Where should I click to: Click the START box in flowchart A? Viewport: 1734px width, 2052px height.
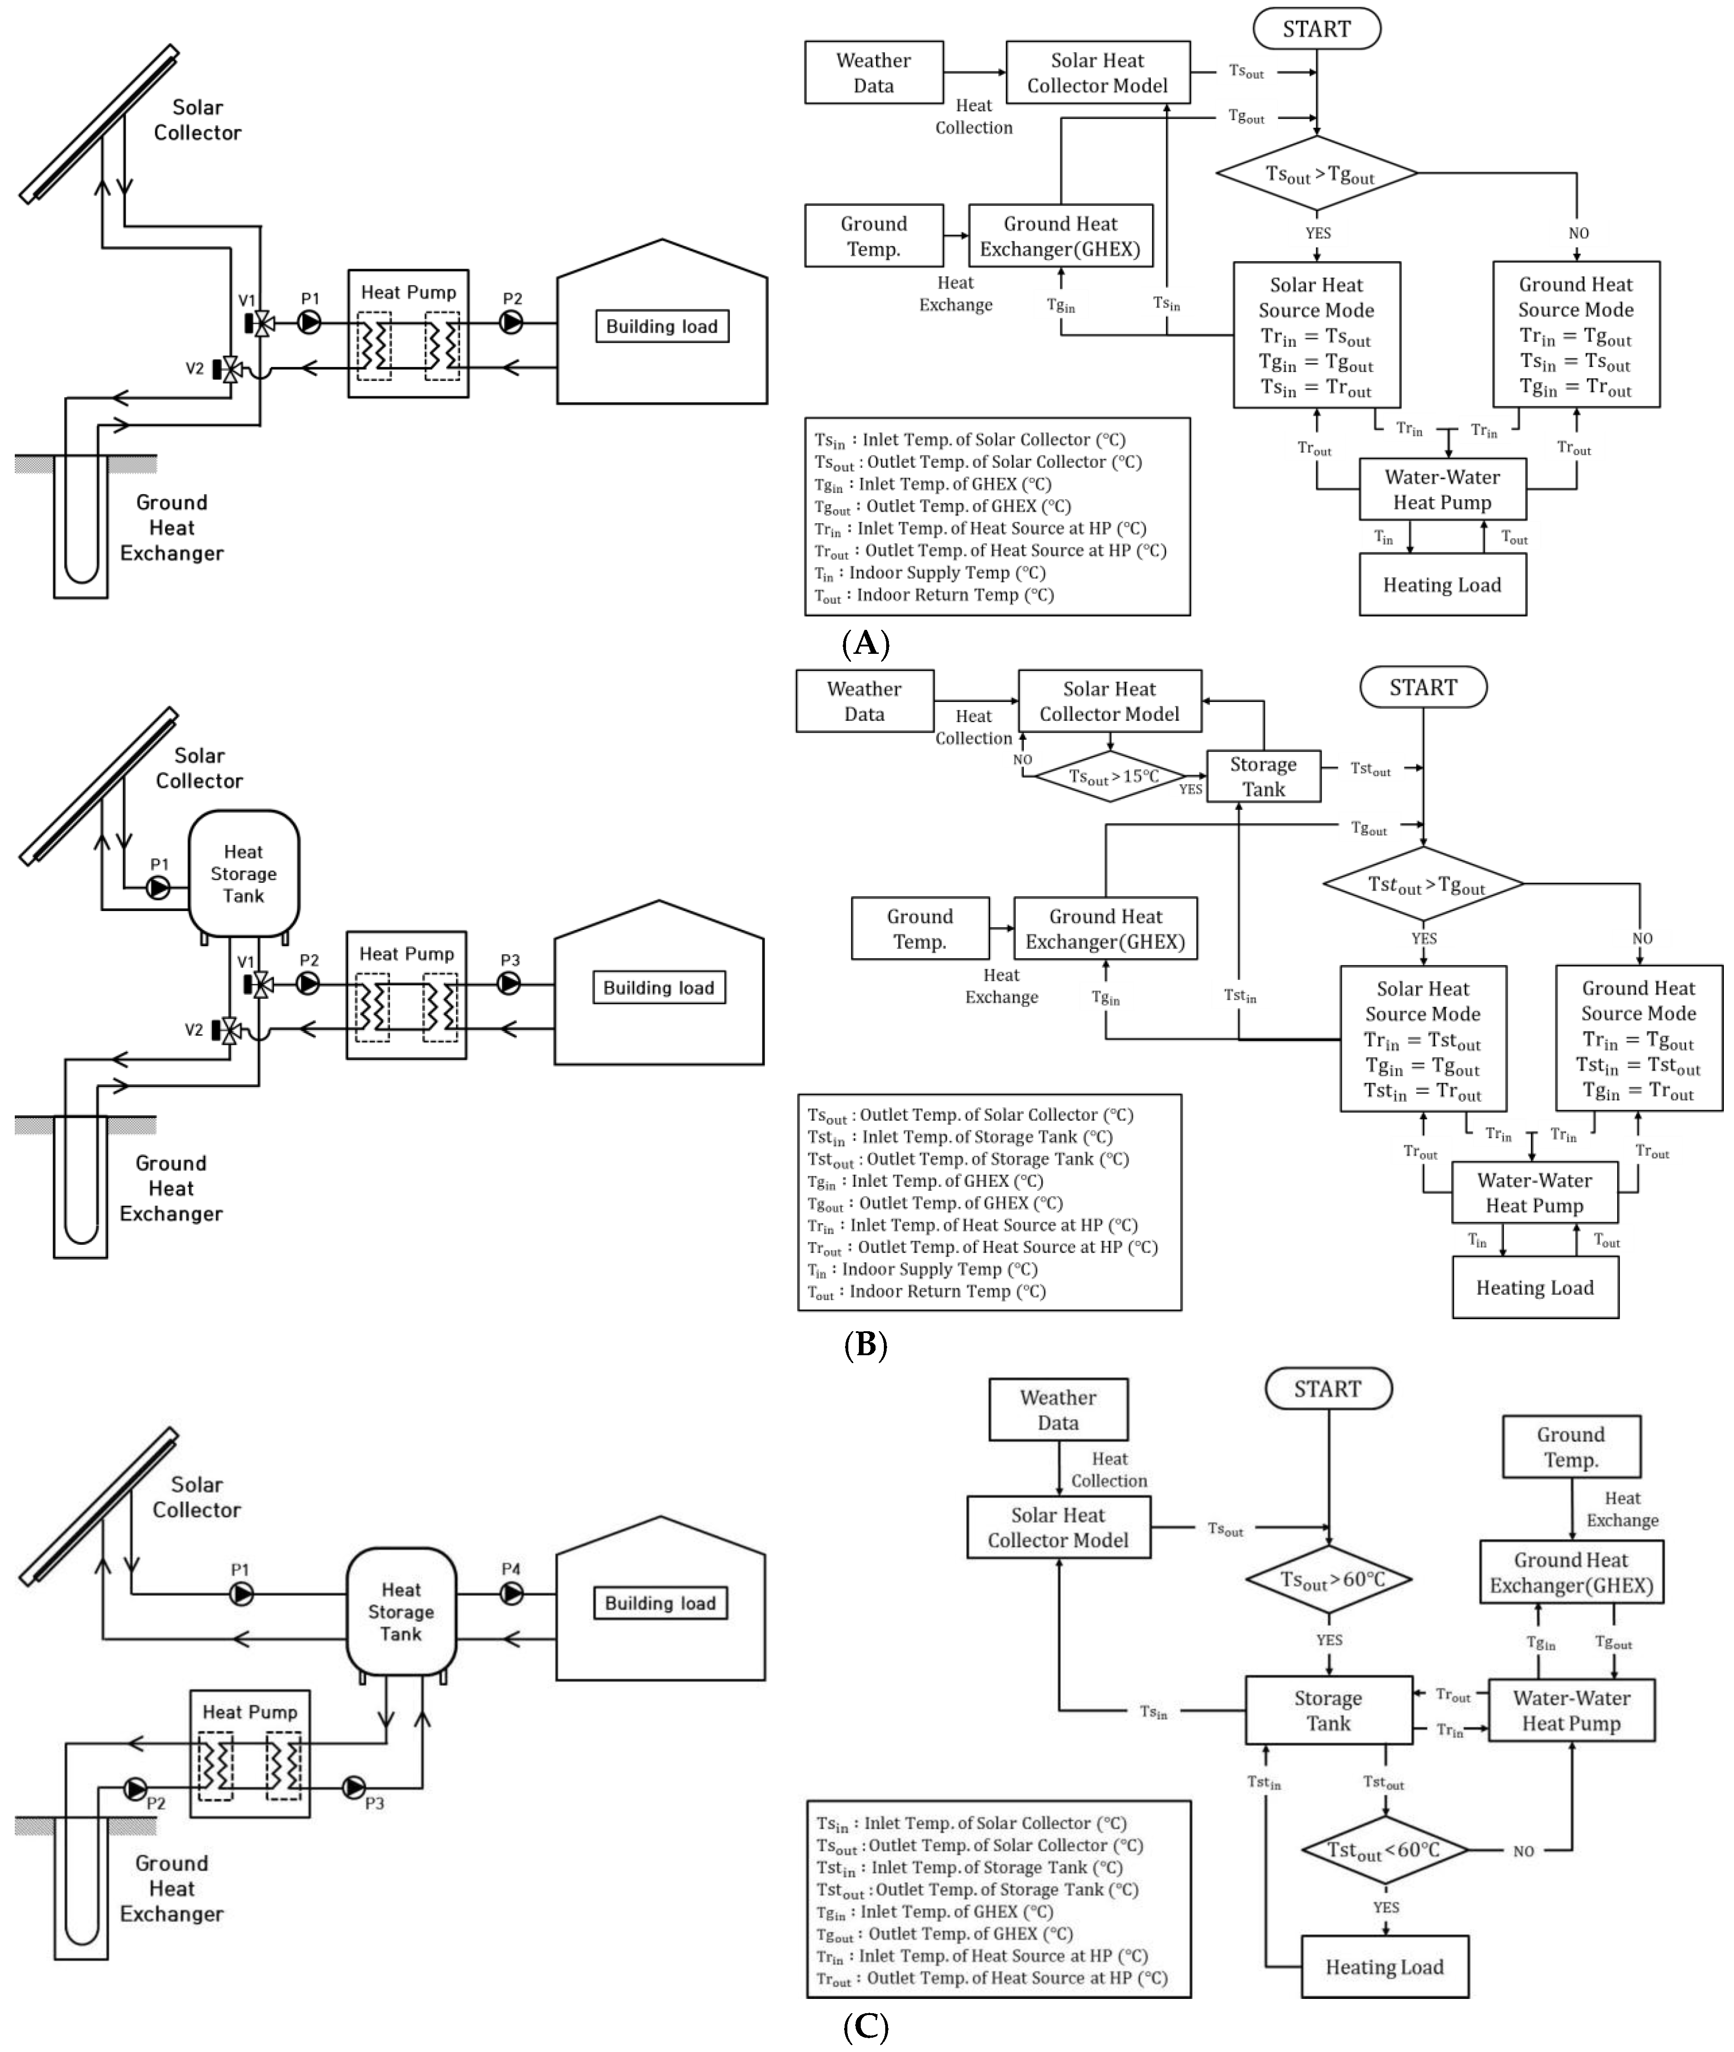1316,29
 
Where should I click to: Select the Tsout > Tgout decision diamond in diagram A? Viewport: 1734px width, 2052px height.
1316,174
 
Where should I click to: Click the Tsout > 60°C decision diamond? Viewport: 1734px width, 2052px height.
1329,1579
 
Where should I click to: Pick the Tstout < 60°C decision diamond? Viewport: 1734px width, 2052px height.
1384,1850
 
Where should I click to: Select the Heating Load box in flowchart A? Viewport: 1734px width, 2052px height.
1442,585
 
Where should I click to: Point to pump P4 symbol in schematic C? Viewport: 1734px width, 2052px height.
511,1593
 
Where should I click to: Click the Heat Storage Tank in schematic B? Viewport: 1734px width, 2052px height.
244,873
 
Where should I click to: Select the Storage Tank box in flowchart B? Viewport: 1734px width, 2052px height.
1263,776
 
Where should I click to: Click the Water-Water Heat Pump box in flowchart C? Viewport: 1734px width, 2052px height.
1571,1710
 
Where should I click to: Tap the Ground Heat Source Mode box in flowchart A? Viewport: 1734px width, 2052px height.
1576,334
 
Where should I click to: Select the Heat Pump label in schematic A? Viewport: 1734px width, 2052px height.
408,292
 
